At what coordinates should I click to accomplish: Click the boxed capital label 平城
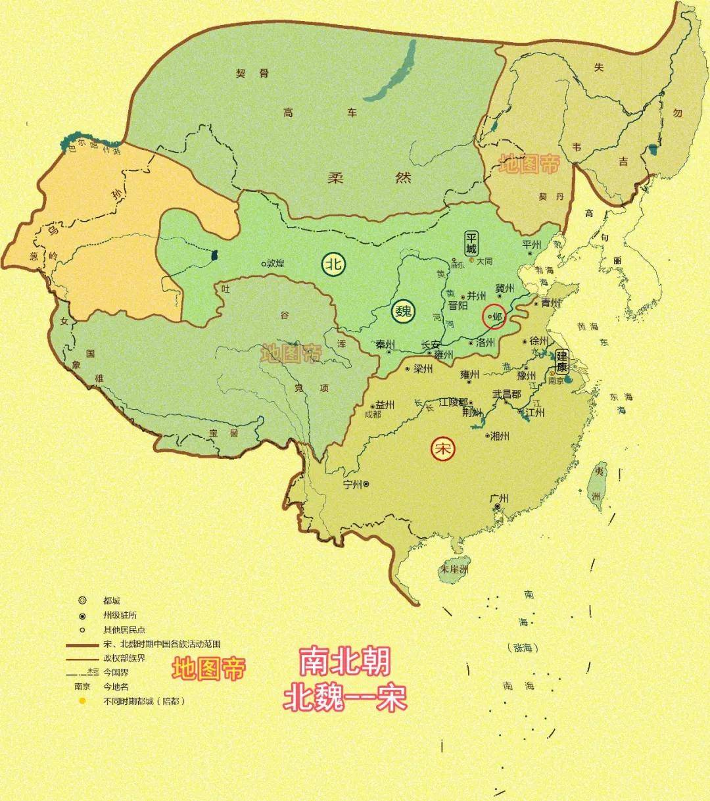point(471,243)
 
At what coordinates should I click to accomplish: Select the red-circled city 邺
point(494,316)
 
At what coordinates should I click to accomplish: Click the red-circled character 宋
point(442,449)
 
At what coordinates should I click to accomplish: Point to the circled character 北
point(333,264)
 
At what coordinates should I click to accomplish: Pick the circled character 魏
point(403,311)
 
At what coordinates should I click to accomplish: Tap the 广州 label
point(499,498)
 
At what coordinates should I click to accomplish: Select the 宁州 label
point(353,485)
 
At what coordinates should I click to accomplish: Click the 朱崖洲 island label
point(454,569)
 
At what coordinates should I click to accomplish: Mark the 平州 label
point(531,245)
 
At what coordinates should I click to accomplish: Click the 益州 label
point(385,405)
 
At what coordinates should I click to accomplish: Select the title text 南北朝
point(344,662)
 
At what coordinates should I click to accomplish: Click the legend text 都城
point(112,600)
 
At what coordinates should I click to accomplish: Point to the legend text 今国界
point(115,672)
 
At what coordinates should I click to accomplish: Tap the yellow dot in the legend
point(82,701)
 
